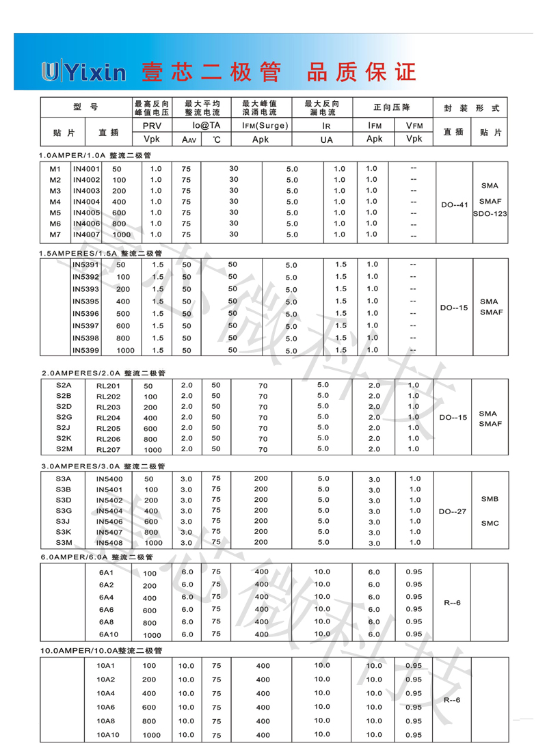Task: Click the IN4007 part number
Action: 86,234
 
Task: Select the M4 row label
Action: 55,202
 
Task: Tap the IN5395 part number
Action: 86,301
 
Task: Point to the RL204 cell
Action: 108,418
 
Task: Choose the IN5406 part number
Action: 109,522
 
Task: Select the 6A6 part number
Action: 107,610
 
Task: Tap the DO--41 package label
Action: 454,204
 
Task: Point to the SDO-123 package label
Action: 490,214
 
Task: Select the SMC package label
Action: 490,523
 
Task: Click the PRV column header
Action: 151,126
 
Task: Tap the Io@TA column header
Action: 206,126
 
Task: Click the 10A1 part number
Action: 107,665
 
